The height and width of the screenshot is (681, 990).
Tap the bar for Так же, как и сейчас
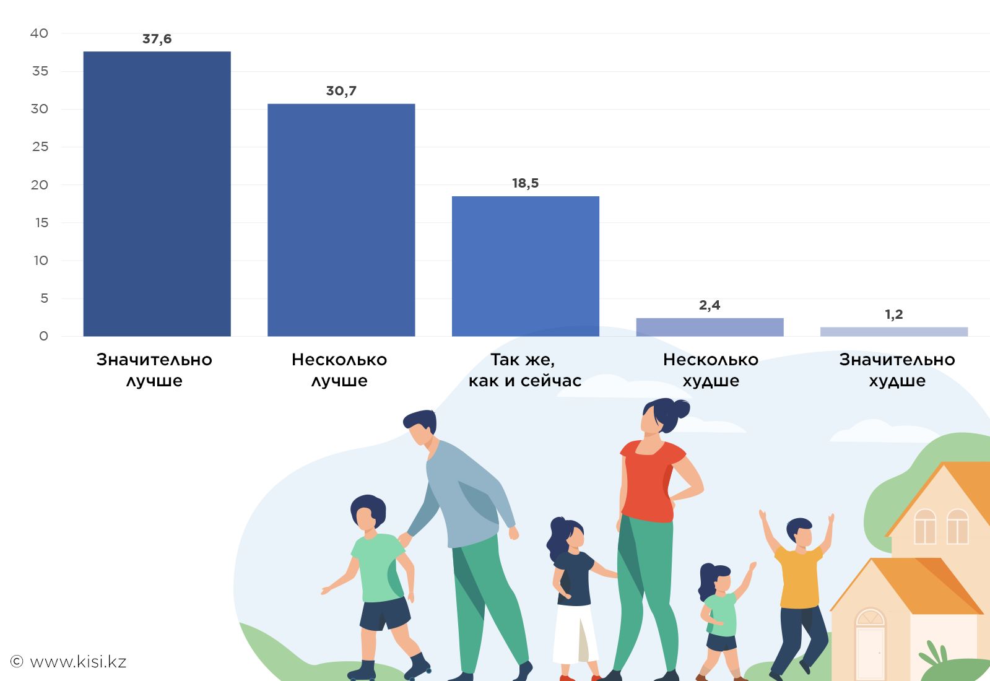525,266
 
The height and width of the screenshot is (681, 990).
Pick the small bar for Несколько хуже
710,327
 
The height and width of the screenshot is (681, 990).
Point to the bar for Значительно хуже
893,332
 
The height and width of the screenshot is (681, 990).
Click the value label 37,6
157,39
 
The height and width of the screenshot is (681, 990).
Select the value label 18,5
525,183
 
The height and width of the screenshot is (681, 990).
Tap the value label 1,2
893,314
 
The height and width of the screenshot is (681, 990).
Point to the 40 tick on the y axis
39,33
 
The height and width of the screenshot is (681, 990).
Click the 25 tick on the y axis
40,147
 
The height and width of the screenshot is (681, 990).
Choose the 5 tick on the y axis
44,298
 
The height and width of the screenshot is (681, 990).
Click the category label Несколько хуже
710,370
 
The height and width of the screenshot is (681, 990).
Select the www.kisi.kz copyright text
69,662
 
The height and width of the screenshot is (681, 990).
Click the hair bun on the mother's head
680,408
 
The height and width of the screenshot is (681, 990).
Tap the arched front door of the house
870,644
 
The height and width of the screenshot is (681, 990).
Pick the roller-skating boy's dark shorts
384,613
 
